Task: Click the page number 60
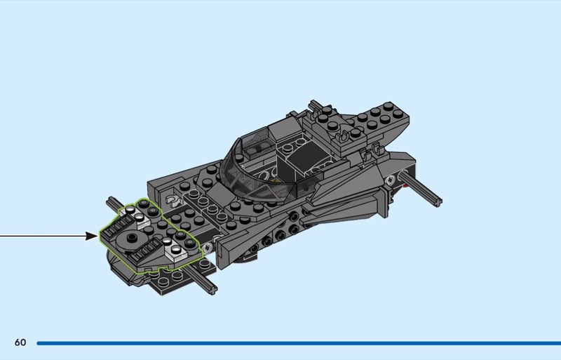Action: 20,342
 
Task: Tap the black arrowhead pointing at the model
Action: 92,236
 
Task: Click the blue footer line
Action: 299,343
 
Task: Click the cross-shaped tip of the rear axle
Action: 437,201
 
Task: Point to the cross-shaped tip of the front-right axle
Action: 212,288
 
